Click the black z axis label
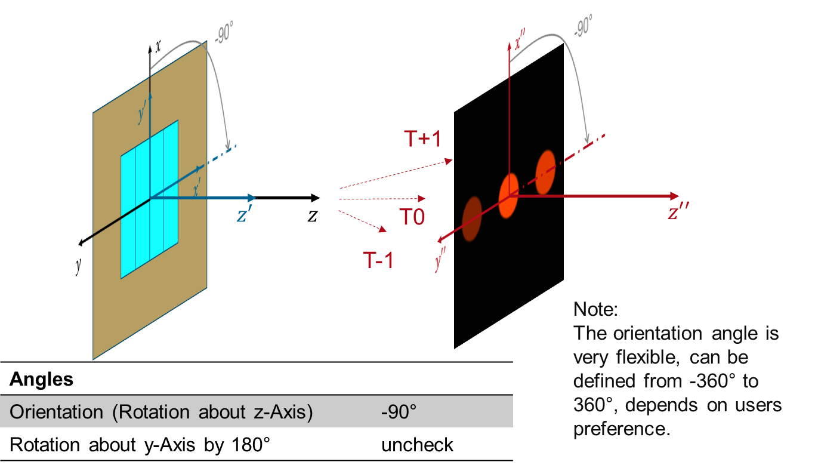coord(313,215)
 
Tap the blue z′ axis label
coord(244,214)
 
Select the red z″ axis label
coord(678,211)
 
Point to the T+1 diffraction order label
coord(422,138)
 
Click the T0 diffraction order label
coord(412,217)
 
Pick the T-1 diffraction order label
coord(378,260)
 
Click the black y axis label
coord(78,266)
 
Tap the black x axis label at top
coord(158,47)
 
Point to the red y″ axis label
coord(440,260)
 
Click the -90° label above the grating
coord(223,33)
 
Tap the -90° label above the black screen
coord(583,26)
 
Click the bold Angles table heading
coord(42,379)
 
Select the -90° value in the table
coord(399,412)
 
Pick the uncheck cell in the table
coord(417,445)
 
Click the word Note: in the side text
coord(595,309)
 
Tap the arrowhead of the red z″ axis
coord(675,196)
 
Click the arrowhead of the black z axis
coord(316,198)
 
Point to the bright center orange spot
coord(509,196)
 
